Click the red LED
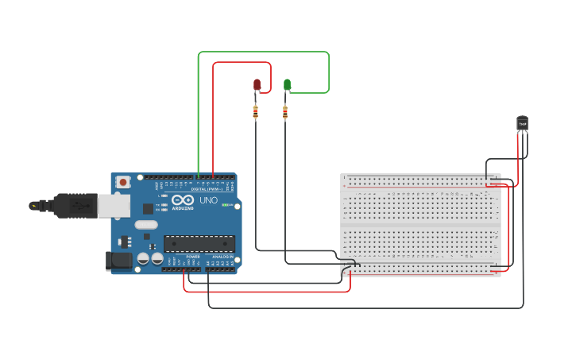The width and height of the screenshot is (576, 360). pyautogui.click(x=257, y=84)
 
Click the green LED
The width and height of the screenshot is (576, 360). pyautogui.click(x=287, y=84)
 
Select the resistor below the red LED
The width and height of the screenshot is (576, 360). pyautogui.click(x=255, y=112)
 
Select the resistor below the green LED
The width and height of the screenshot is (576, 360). pyautogui.click(x=285, y=113)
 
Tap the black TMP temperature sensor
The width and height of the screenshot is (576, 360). pyautogui.click(x=522, y=122)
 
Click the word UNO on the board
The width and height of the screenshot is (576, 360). pyautogui.click(x=207, y=201)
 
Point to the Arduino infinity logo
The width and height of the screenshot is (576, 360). pyautogui.click(x=182, y=201)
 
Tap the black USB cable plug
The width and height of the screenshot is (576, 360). pyautogui.click(x=75, y=205)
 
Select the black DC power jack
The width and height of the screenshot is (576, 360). pyautogui.click(x=118, y=260)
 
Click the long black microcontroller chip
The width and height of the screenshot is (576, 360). pyautogui.click(x=199, y=243)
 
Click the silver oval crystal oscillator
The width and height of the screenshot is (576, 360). pyautogui.click(x=146, y=225)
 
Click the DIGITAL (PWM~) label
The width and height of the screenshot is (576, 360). pyautogui.click(x=205, y=189)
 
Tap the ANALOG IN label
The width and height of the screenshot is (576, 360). pyautogui.click(x=222, y=257)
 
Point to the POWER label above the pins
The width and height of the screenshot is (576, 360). pyautogui.click(x=193, y=257)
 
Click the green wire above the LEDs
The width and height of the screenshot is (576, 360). pyautogui.click(x=262, y=52)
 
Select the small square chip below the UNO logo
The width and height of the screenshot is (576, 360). pyautogui.click(x=148, y=208)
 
